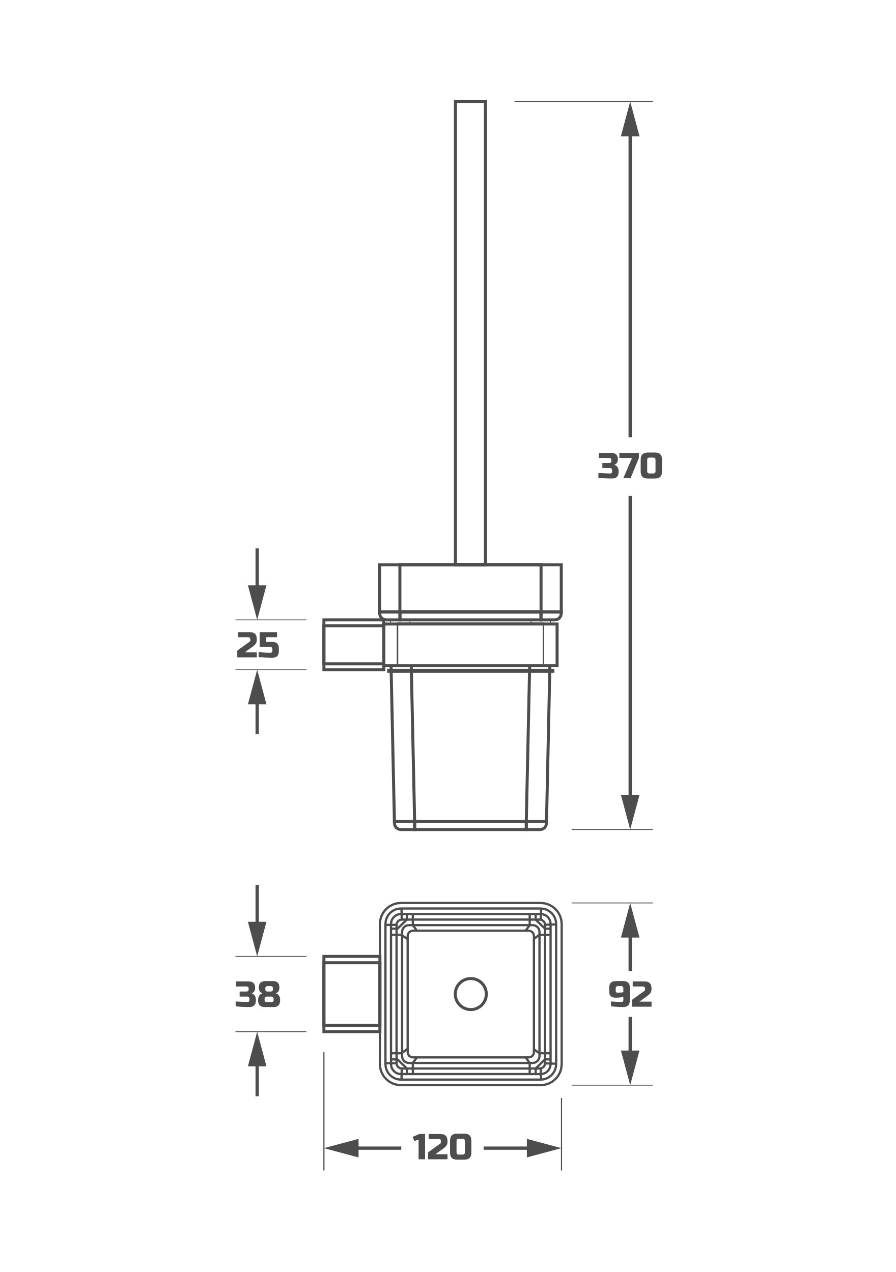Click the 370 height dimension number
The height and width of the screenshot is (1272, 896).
tap(630, 466)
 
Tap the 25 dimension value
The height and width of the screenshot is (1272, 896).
tap(258, 645)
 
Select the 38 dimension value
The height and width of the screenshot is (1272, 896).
tap(258, 994)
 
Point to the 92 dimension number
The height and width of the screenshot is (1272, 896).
tap(630, 994)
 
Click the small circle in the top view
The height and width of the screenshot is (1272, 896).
tap(471, 994)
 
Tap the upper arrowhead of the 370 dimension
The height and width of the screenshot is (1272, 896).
tap(630, 119)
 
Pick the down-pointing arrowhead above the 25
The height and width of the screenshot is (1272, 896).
tap(257, 602)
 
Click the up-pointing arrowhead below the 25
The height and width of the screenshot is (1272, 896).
tap(257, 687)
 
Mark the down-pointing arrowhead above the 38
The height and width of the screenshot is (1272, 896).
tap(257, 939)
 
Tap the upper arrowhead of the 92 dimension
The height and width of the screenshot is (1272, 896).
tap(630, 920)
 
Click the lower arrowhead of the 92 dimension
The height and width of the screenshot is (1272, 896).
tap(630, 1067)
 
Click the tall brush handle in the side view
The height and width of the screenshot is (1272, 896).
tap(470, 332)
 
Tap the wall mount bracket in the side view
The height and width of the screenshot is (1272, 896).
tap(354, 645)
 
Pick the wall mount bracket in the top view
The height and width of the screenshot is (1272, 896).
tap(351, 994)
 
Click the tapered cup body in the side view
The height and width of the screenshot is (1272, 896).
tap(470, 750)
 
